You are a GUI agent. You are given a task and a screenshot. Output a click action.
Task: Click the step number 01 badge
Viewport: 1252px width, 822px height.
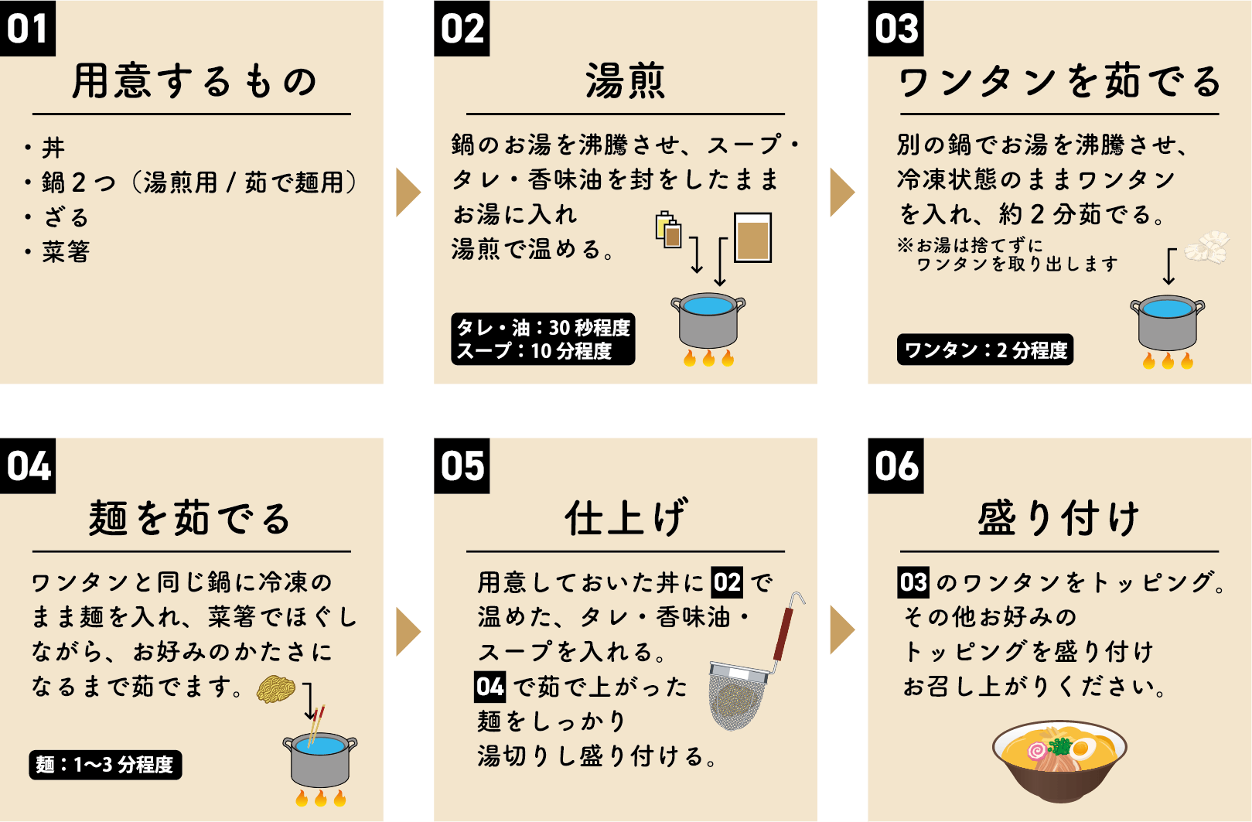click(x=28, y=28)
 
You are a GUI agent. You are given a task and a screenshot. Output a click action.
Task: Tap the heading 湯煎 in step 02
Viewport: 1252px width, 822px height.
click(x=625, y=80)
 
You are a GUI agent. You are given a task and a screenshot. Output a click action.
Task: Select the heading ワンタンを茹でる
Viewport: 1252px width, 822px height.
click(x=1059, y=81)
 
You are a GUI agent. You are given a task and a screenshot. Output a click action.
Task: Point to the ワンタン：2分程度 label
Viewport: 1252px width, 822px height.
click(x=985, y=350)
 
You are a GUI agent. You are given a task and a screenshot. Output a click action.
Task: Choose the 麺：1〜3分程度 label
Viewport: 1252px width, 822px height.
click(x=105, y=765)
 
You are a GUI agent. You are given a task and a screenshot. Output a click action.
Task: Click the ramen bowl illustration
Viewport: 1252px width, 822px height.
click(x=1059, y=761)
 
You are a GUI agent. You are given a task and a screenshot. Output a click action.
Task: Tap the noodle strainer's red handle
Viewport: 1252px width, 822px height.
click(x=783, y=633)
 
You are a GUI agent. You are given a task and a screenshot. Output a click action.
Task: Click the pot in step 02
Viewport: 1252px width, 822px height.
click(x=708, y=320)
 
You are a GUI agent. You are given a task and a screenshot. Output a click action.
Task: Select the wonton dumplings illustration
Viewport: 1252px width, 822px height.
click(x=1206, y=247)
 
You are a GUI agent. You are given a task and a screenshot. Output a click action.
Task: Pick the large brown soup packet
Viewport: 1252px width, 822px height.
click(x=752, y=237)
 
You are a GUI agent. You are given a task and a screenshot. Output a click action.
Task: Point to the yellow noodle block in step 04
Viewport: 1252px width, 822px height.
click(x=275, y=689)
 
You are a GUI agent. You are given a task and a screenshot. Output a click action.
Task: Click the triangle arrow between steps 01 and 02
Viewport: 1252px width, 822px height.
click(x=408, y=192)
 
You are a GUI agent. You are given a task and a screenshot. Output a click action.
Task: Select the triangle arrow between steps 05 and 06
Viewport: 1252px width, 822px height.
click(x=842, y=629)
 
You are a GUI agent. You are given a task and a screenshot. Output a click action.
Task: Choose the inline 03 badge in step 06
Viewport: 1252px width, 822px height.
click(x=913, y=582)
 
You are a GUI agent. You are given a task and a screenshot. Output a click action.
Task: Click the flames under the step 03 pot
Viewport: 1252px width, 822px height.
click(x=1168, y=360)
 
